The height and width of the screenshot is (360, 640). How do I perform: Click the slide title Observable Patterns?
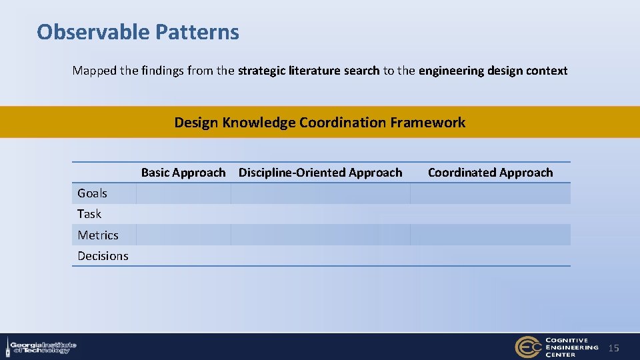(x=138, y=32)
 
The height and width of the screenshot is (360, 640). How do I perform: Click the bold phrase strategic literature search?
(x=309, y=71)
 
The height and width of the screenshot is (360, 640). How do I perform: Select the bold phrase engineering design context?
(x=493, y=71)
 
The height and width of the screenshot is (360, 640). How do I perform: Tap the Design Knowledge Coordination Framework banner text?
(x=319, y=123)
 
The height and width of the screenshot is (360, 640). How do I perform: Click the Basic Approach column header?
(x=183, y=173)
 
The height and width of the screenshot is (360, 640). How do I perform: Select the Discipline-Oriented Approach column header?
(x=320, y=173)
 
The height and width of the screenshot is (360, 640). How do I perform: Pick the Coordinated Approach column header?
(x=490, y=173)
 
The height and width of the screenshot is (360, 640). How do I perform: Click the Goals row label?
(x=92, y=193)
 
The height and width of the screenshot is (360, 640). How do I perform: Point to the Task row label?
(x=89, y=214)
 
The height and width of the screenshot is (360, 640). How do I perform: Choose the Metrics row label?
(x=97, y=235)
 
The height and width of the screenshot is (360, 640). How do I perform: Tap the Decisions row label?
(x=103, y=256)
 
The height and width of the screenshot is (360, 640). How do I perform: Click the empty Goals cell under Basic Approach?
(x=183, y=193)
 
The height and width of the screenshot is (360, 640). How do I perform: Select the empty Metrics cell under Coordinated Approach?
(x=490, y=235)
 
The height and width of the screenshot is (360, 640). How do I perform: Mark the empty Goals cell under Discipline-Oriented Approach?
(x=320, y=193)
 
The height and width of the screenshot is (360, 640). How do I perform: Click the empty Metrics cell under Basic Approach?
(x=183, y=235)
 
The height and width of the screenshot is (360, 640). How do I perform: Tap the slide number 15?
(x=614, y=348)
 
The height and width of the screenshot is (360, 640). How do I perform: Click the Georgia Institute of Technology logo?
(x=41, y=347)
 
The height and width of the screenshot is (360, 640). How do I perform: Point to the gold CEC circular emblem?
(x=528, y=347)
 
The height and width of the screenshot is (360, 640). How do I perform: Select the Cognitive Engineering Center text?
(x=571, y=347)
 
